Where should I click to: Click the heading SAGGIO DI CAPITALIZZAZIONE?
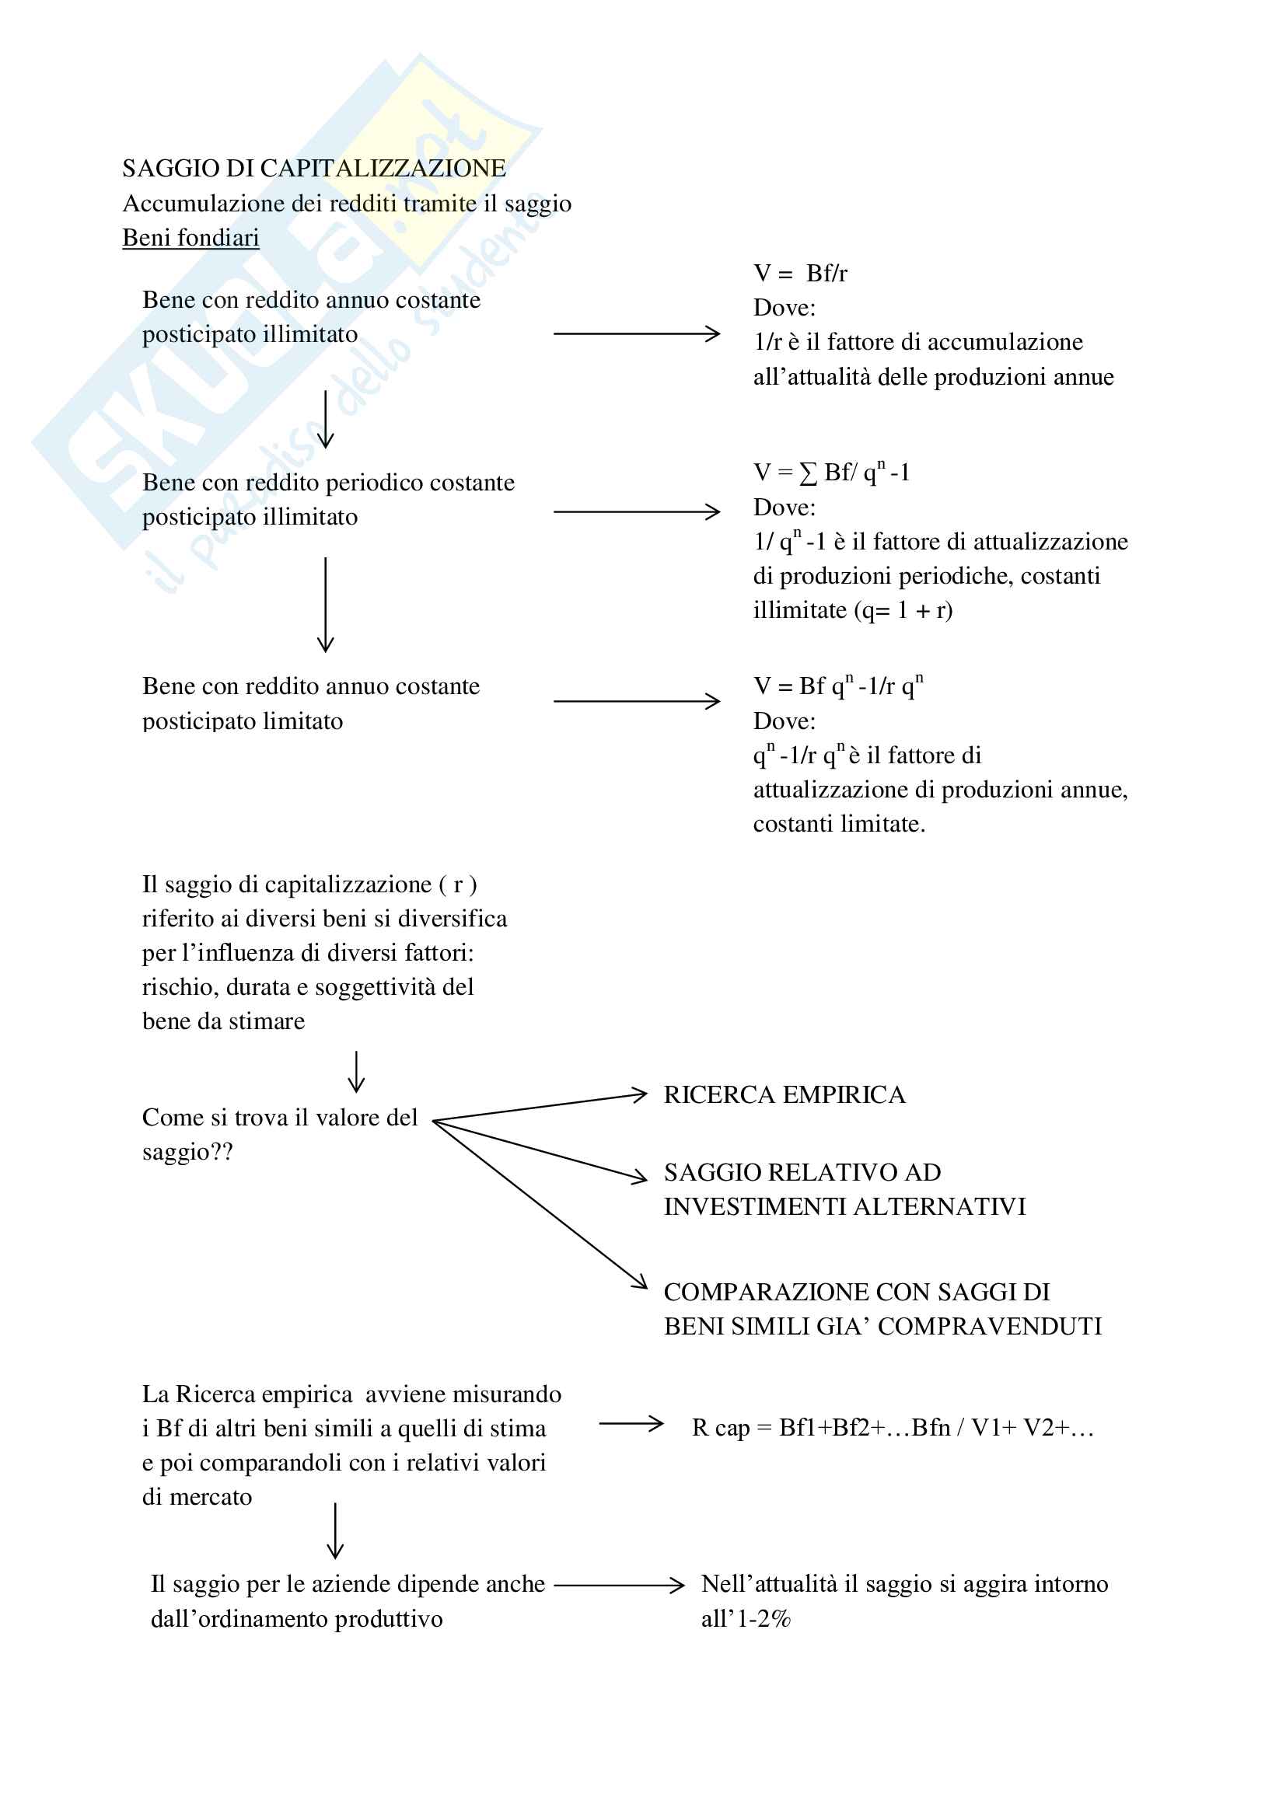313,169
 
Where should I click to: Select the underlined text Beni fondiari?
190,238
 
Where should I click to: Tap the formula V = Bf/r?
800,273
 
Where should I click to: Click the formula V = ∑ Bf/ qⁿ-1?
830,473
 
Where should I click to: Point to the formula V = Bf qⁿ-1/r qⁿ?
838,686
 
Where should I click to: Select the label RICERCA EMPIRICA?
784,1095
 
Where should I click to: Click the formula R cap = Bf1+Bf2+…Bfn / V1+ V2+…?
893,1428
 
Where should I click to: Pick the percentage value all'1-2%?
746,1618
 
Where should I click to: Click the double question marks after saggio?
222,1152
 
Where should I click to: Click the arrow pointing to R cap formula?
631,1424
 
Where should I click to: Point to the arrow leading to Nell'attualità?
618,1585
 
